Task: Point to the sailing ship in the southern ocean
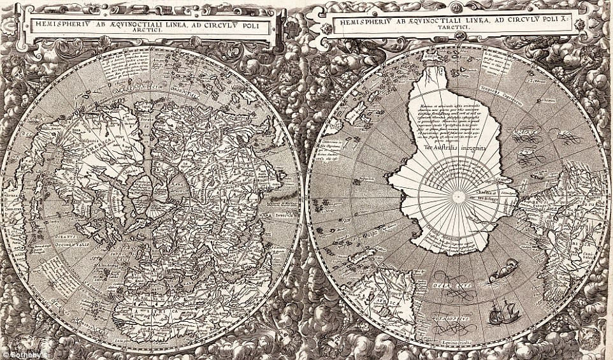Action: pyautogui.click(x=504, y=312)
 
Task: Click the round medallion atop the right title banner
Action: pyautogui.click(x=457, y=7)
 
